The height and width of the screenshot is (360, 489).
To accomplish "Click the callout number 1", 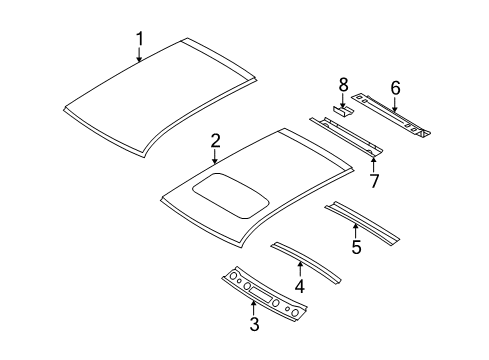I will pyautogui.click(x=139, y=39).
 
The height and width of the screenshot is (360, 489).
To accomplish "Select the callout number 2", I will pyautogui.click(x=215, y=143).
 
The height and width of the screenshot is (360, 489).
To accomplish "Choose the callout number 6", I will pyautogui.click(x=395, y=88).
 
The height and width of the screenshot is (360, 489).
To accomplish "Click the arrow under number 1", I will pyautogui.click(x=139, y=55).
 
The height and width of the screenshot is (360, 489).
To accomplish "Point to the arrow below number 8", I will pyautogui.click(x=343, y=100).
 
